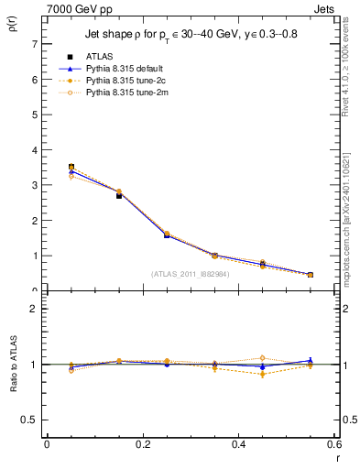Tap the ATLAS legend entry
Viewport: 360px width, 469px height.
pyautogui.click(x=98, y=56)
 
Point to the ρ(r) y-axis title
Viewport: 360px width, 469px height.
pyautogui.click(x=12, y=28)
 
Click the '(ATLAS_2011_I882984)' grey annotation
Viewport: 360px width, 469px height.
pyautogui.click(x=191, y=273)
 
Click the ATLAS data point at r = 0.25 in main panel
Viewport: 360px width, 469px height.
pyautogui.click(x=167, y=235)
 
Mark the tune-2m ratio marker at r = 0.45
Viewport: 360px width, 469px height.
pyautogui.click(x=262, y=358)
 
